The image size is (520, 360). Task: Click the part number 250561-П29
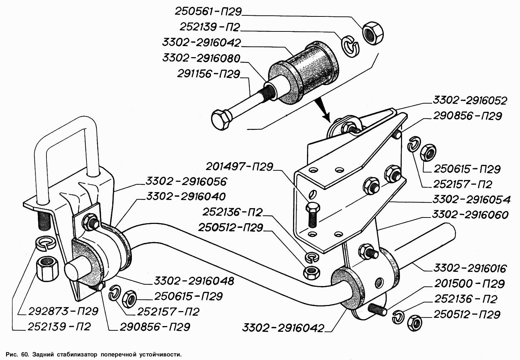click(208, 11)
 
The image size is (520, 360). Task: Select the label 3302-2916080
click(201, 58)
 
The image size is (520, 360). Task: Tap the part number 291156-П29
click(209, 74)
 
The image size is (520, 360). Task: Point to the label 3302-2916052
click(470, 100)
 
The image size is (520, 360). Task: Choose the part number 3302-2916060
click(470, 215)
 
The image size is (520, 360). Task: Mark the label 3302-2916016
click(470, 268)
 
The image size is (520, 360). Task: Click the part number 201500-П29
click(469, 284)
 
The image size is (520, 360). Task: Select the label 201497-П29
click(239, 166)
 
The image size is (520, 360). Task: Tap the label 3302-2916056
click(186, 181)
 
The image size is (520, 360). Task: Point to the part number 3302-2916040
click(186, 196)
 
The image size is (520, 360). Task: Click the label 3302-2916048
click(194, 281)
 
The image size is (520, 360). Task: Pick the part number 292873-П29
click(63, 311)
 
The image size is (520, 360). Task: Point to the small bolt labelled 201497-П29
click(312, 214)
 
